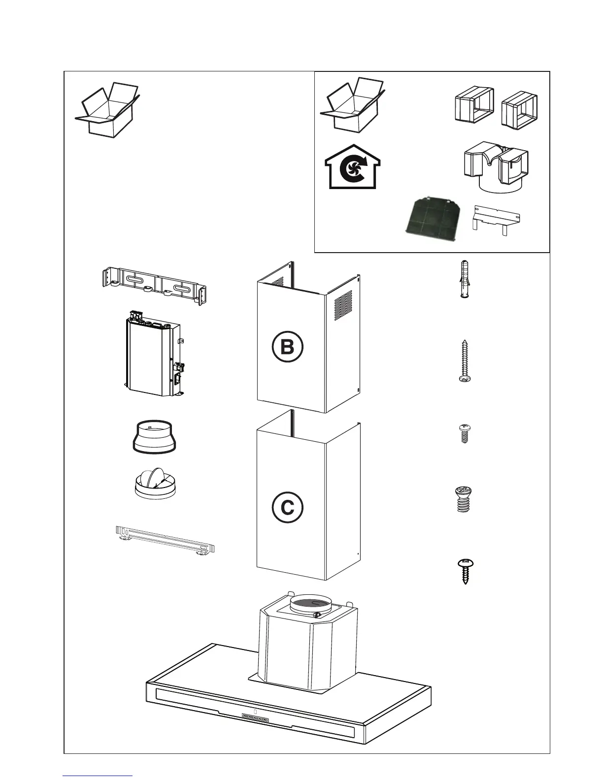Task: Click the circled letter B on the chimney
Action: (287, 348)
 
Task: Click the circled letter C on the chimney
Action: (287, 507)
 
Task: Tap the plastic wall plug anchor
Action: (463, 279)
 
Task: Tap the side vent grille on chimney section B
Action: (343, 303)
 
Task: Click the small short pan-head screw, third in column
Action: (463, 433)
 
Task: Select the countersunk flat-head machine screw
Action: (461, 499)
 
